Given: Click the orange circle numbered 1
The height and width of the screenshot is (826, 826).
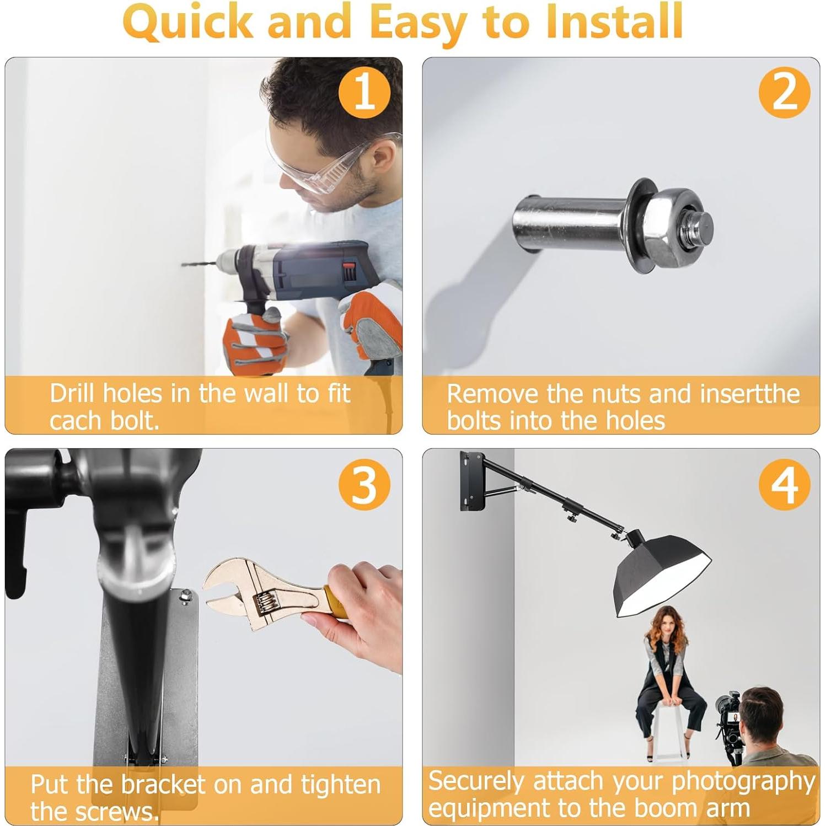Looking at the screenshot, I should (x=364, y=92).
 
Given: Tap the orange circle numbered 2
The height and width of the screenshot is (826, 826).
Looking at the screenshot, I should (x=785, y=92).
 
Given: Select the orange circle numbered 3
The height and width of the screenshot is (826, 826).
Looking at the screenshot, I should (x=364, y=483).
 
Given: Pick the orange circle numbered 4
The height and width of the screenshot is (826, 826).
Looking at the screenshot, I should (x=785, y=483).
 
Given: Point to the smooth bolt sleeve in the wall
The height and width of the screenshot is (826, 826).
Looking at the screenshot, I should (x=568, y=223).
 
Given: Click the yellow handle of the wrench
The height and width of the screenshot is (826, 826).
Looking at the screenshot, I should (x=334, y=601).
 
